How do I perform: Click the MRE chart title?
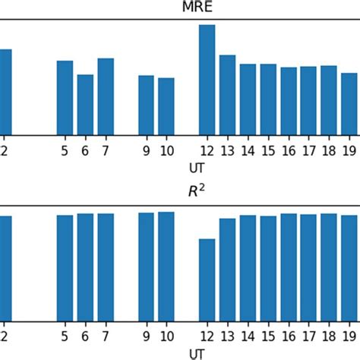coord(196,7)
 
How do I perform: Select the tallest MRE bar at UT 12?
coord(207,80)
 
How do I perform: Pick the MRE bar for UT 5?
coord(65,98)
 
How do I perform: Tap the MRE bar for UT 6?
coord(85,105)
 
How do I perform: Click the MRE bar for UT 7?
coord(106,96)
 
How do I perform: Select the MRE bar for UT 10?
coord(166,106)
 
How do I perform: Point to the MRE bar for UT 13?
coord(227,95)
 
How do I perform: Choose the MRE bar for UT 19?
coord(349,104)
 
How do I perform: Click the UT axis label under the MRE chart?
coord(196,166)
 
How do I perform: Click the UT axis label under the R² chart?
coord(196,353)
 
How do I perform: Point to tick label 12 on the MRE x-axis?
coord(207,150)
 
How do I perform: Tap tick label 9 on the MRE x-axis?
coord(146,150)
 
